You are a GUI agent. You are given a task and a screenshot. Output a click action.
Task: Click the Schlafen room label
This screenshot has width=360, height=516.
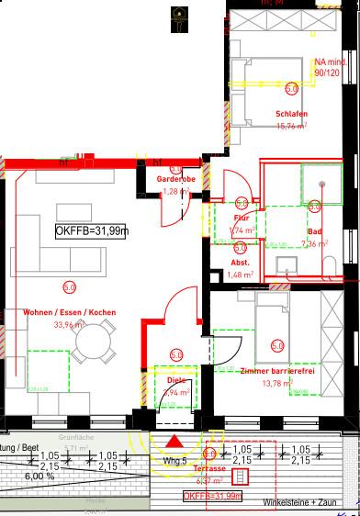click(291, 115)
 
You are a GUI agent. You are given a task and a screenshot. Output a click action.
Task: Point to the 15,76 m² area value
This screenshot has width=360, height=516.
click(291, 126)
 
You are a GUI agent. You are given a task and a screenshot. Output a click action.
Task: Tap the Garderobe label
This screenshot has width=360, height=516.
click(174, 179)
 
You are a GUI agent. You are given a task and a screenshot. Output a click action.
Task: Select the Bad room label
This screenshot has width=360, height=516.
click(315, 231)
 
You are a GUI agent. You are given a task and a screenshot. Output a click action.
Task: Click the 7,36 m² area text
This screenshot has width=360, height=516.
click(315, 244)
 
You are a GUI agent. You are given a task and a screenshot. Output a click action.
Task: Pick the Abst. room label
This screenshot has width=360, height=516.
click(241, 263)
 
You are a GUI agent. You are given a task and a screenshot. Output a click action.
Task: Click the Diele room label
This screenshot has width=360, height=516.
click(175, 378)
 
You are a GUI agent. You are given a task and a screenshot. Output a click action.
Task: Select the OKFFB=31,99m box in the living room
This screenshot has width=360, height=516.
click(91, 231)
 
